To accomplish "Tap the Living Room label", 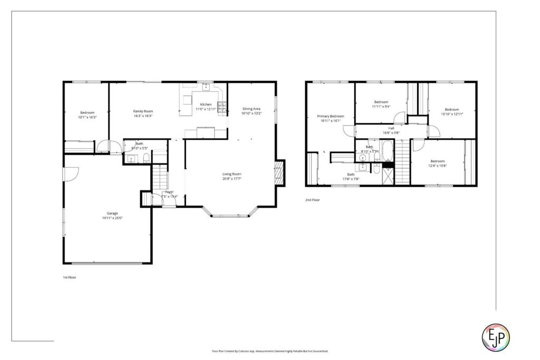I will (232, 174).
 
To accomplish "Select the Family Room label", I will (142, 111).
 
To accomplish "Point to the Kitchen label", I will (206, 104).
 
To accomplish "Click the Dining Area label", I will (251, 109).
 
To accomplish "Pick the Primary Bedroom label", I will (330, 116).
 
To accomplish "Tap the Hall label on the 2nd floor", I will (391, 128).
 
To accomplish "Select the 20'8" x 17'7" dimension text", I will (232, 179).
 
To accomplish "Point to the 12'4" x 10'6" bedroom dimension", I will (437, 166).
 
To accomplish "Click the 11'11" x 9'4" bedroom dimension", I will (381, 106).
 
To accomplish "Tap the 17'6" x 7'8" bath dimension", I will (351, 179).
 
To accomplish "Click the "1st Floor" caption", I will (69, 277).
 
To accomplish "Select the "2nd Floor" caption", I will (312, 200).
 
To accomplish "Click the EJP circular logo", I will (496, 336).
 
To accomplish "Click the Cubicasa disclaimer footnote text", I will (270, 351).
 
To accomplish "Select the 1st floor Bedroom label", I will (87, 112).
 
